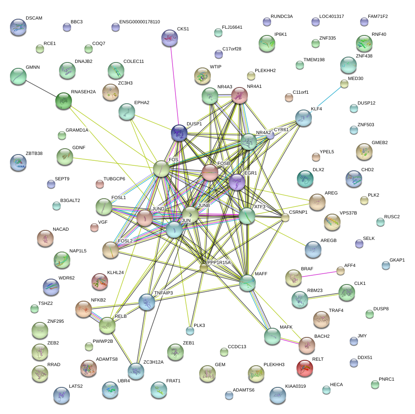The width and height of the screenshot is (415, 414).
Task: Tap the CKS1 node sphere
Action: click(169, 38)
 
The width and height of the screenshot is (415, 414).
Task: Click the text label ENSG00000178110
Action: click(139, 22)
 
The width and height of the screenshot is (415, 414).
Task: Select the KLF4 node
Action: click(304, 118)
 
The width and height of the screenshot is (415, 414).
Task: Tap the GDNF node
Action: click(64, 157)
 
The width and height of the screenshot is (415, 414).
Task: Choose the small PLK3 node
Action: click(190, 331)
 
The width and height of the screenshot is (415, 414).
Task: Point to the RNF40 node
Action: click(364, 43)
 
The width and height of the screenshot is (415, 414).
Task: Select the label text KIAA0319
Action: click(296, 387)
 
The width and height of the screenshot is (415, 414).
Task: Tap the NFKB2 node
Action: click(83, 309)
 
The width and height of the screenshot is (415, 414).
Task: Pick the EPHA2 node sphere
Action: click(126, 111)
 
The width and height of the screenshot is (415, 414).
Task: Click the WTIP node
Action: click(202, 75)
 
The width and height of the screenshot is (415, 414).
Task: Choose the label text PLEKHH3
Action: click(274, 364)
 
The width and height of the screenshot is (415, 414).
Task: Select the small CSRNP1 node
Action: click(285, 217)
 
